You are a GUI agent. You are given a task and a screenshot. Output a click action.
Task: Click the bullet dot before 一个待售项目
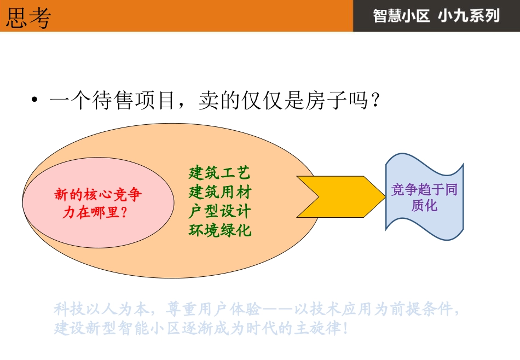34,101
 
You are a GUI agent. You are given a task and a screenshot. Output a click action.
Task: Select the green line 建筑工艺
219,173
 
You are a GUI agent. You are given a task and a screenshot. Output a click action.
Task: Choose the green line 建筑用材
219,192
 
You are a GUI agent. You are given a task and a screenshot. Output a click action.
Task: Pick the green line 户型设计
219,211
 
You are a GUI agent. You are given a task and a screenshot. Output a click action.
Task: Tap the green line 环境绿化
219,230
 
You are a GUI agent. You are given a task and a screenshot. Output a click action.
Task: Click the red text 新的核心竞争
98,194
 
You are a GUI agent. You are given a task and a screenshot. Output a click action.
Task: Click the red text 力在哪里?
94,212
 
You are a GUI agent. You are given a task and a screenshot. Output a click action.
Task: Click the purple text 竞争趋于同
424,190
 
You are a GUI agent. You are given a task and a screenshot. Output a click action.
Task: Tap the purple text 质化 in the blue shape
424,206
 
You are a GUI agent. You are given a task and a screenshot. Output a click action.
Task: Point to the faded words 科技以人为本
101,310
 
